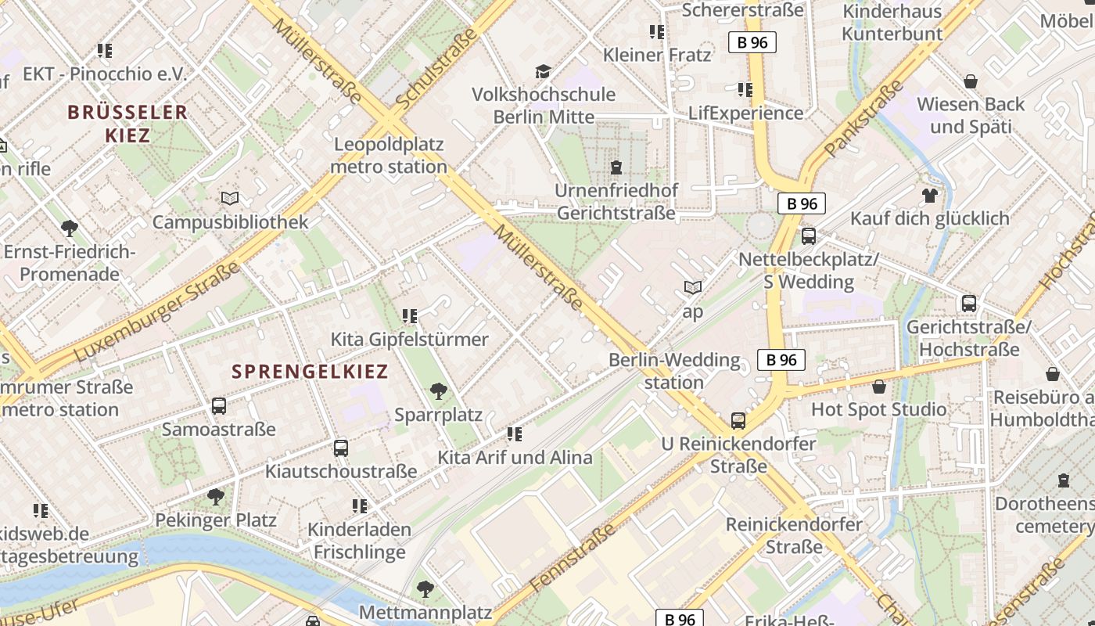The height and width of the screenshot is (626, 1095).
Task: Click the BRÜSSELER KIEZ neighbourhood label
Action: pos(127,123)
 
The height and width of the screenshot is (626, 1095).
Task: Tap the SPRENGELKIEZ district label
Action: pos(310,371)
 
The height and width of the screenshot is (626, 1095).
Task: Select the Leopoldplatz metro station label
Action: pos(389,155)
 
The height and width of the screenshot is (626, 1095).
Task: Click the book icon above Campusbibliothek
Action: pos(229,199)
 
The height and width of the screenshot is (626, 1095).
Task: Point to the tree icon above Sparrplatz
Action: pos(438,390)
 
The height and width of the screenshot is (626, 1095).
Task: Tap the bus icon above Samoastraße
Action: pos(219,405)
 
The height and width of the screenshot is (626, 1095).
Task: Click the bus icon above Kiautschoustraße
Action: pos(340,448)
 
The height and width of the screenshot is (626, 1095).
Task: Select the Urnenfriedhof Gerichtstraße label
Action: pos(616,201)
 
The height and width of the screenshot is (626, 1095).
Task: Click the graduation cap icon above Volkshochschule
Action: pos(543,72)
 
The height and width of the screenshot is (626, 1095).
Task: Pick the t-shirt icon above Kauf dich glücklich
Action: pos(929,195)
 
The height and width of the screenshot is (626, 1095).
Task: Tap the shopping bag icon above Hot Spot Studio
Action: pos(879,386)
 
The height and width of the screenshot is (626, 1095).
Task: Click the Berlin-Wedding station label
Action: pos(674,371)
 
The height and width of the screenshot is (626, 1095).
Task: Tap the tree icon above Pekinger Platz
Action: pos(215,496)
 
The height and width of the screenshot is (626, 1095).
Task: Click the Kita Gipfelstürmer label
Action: pos(409,339)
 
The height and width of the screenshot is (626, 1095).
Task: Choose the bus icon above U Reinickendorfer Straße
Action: pos(738,421)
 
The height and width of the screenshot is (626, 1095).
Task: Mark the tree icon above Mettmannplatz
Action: pos(425,588)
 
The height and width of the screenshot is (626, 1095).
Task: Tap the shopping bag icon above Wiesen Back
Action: pos(970,81)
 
